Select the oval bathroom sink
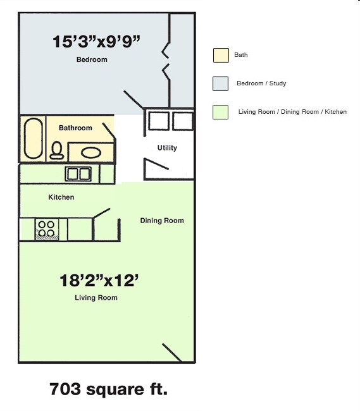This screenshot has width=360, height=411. coord(90,152)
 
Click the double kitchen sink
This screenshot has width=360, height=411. coord(78,173)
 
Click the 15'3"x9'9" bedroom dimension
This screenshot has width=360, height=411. coord(96,42)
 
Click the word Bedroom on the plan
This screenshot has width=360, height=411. coord(92,60)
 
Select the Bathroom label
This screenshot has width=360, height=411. coord(75,128)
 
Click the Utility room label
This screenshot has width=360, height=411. coord(167,148)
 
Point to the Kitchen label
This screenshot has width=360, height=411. coord(61,197)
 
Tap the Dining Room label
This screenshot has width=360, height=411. coord(162,221)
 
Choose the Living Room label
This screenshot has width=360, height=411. coord(96,298)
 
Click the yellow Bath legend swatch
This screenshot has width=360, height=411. coord(221,55)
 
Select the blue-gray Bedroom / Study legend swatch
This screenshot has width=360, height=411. coord(221,83)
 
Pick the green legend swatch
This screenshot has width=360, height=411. coord(221,112)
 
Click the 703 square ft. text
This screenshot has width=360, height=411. coord(108,389)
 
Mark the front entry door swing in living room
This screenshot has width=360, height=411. coord(172,353)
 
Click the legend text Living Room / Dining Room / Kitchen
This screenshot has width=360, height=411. coord(292,112)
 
